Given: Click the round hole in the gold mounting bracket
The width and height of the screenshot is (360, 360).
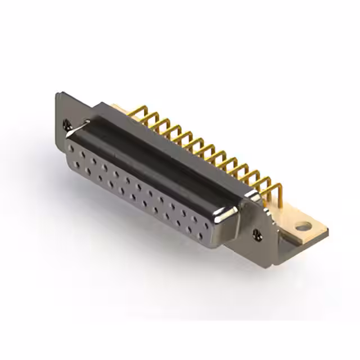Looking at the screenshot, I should pyautogui.click(x=304, y=227).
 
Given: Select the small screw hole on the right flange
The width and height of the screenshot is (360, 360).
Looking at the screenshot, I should pyautogui.click(x=257, y=233).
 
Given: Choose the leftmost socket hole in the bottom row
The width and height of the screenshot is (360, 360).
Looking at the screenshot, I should pyautogui.click(x=77, y=165).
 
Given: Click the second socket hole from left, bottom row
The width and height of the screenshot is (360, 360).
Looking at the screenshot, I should pyautogui.click(x=88, y=172).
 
